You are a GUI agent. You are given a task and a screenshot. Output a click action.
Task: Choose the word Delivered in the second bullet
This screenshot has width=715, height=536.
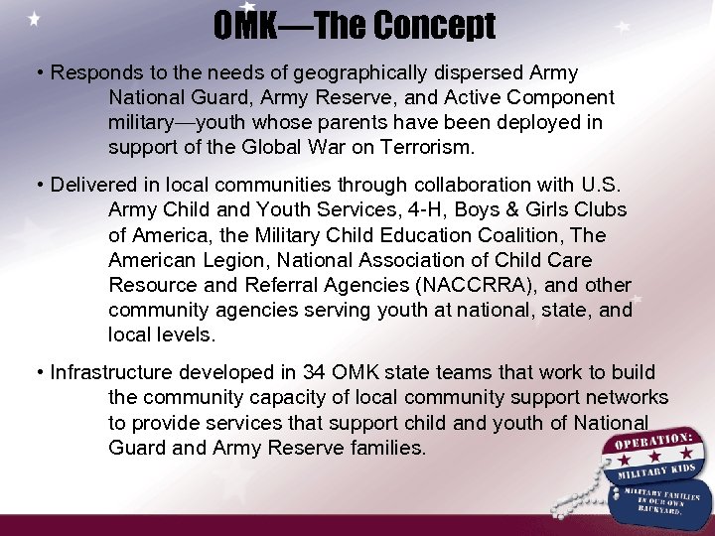click(x=94, y=186)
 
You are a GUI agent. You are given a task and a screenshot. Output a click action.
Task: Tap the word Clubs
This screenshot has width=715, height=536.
click(x=600, y=210)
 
